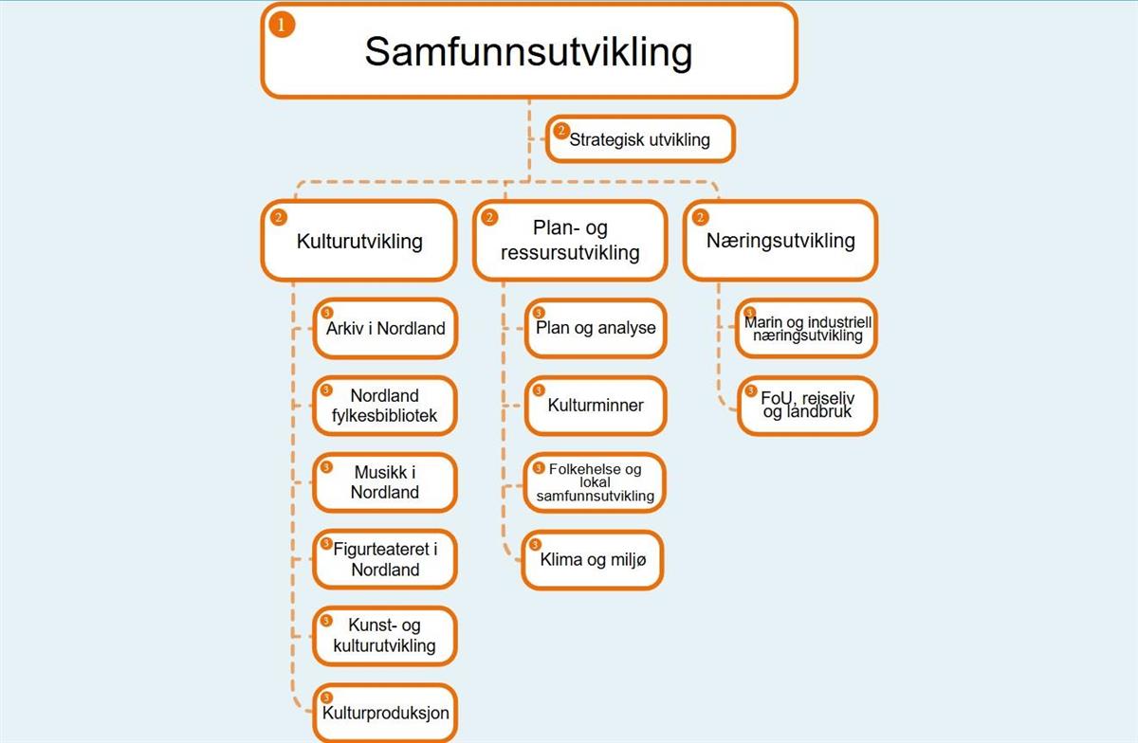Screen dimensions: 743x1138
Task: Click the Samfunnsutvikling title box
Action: [528, 51]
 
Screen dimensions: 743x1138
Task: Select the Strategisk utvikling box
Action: [639, 140]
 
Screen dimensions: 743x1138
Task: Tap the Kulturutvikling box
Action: [358, 241]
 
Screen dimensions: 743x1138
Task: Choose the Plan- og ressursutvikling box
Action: [570, 241]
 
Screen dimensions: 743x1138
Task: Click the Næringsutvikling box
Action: [780, 241]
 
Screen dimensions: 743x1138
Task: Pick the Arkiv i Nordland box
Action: [385, 329]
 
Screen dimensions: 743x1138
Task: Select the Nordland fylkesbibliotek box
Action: [385, 406]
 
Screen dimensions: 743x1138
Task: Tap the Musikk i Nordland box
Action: [385, 483]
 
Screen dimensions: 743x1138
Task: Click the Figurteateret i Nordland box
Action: [385, 560]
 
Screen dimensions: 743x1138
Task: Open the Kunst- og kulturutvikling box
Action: [385, 636]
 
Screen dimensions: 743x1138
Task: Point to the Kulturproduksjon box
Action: [385, 713]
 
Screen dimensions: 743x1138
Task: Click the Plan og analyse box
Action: [596, 329]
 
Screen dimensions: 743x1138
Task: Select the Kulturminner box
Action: [596, 406]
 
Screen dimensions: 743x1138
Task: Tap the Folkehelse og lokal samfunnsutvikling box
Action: [596, 483]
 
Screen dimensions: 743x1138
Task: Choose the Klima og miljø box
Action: [593, 560]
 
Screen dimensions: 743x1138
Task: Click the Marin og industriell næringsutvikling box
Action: [806, 329]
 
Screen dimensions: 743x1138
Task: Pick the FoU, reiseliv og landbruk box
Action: [807, 406]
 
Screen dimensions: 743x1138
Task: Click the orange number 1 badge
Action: [282, 24]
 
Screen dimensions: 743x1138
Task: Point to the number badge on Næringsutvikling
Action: [700, 217]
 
